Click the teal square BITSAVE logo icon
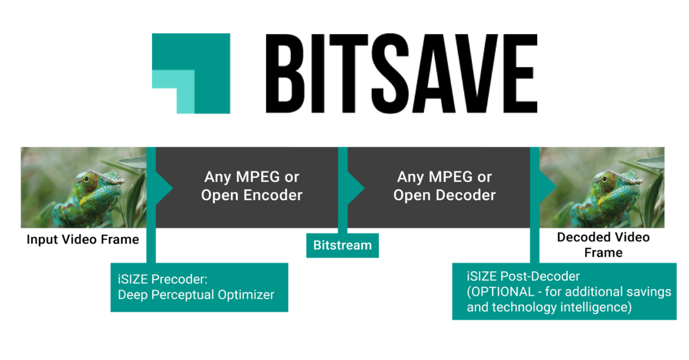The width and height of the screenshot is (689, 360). pyautogui.click(x=191, y=74)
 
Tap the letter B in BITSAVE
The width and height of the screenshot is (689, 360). pyautogui.click(x=285, y=74)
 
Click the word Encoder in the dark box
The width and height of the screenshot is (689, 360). pyautogui.click(x=272, y=195)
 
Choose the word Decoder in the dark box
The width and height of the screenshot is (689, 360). pyautogui.click(x=466, y=195)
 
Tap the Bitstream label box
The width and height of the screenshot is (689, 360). pyautogui.click(x=342, y=245)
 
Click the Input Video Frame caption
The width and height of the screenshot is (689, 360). pyautogui.click(x=83, y=239)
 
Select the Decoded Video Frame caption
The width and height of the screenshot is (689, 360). pyautogui.click(x=603, y=245)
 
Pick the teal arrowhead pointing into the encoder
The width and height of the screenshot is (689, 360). pyautogui.click(x=164, y=188)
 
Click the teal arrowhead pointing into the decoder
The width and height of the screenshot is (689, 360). pyautogui.click(x=356, y=188)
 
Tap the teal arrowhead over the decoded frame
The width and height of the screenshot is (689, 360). pyautogui.click(x=548, y=186)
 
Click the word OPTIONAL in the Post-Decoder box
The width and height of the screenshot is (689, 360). pyautogui.click(x=503, y=292)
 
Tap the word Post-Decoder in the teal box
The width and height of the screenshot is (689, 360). pyautogui.click(x=540, y=276)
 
